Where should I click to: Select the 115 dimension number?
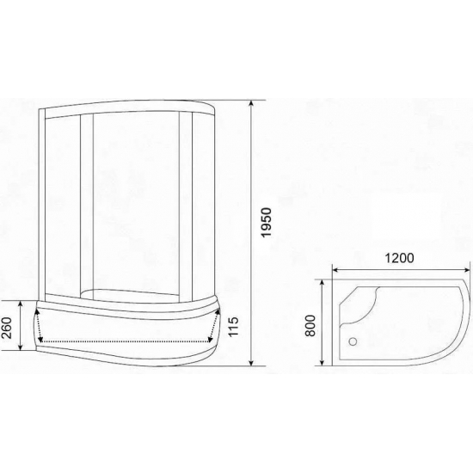point(233,327)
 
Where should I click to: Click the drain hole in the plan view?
point(350,339)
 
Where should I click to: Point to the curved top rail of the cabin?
point(129,107)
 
